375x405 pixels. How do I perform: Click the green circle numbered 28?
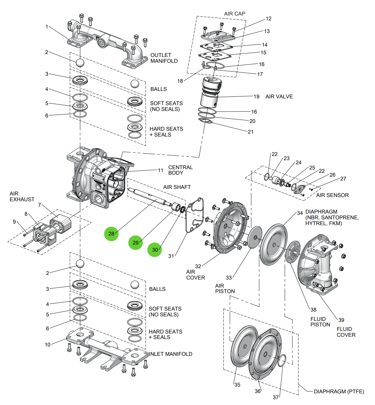[111, 234]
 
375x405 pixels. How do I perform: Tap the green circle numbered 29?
[136, 243]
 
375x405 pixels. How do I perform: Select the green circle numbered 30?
[155, 250]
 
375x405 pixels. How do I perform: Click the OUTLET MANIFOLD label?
[164, 58]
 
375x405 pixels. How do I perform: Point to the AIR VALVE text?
[279, 96]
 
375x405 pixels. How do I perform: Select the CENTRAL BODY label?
[180, 170]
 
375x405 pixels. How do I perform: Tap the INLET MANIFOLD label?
[170, 354]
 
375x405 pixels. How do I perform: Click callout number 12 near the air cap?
[269, 19]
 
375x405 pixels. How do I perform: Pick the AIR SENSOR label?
[332, 195]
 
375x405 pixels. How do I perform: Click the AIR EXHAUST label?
[22, 196]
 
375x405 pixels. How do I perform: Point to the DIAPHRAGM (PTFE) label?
[339, 391]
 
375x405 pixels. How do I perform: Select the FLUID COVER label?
[346, 332]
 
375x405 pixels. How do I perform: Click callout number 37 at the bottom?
[276, 397]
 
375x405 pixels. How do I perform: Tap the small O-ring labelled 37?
[281, 360]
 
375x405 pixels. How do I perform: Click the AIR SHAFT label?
[177, 187]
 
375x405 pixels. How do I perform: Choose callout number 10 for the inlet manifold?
[48, 345]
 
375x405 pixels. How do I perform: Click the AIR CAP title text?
[235, 14]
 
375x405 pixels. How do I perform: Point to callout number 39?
[341, 320]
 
